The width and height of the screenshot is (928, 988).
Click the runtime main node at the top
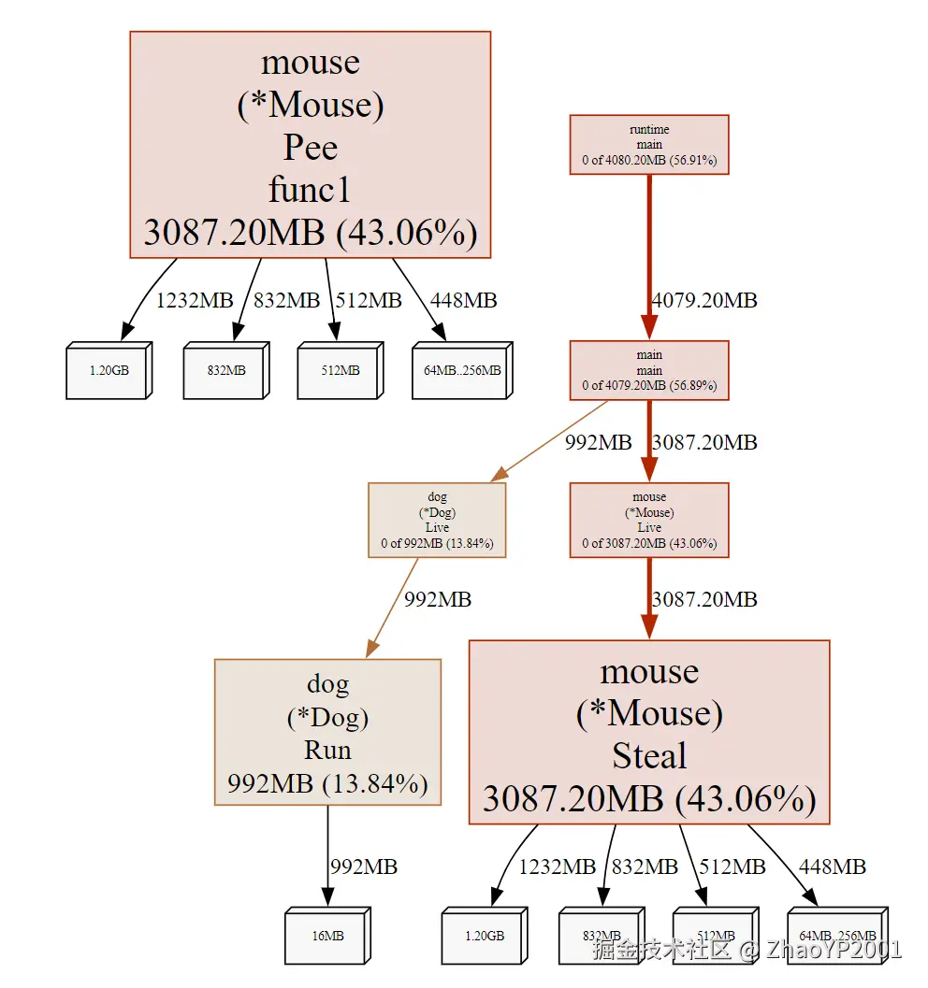[649, 145]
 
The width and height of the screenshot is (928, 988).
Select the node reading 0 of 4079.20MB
[649, 370]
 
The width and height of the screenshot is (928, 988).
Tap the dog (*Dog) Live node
[437, 520]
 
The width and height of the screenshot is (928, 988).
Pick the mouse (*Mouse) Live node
[649, 520]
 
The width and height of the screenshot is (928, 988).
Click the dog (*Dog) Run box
[327, 733]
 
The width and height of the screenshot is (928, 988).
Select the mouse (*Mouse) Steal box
[649, 732]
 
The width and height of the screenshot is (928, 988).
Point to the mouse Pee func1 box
[310, 144]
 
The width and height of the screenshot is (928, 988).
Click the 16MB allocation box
[326, 936]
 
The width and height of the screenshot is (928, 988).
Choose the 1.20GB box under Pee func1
[108, 371]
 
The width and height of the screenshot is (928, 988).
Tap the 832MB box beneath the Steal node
[601, 936]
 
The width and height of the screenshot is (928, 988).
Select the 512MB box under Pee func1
[339, 371]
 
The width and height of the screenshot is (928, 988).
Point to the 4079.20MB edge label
[704, 301]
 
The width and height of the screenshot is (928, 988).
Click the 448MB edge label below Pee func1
[463, 301]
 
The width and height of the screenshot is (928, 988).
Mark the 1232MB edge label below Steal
[558, 867]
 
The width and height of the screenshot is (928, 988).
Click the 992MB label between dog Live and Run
[437, 599]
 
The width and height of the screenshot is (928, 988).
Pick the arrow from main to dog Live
[552, 439]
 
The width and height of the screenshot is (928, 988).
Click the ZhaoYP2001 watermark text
[833, 952]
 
